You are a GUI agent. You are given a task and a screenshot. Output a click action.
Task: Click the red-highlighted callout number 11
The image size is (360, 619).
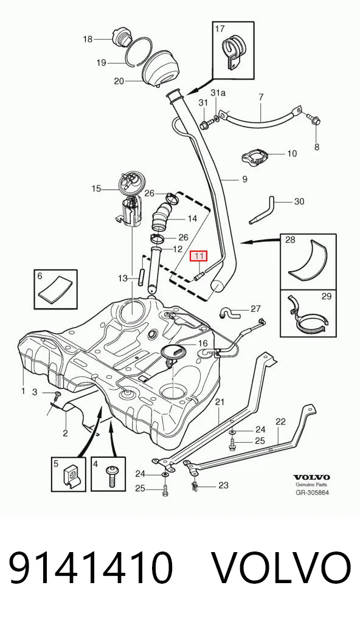(199, 256)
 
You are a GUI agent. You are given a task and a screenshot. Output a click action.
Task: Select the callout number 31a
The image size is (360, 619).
(218, 93)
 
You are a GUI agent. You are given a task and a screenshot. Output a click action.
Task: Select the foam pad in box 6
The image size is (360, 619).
(56, 288)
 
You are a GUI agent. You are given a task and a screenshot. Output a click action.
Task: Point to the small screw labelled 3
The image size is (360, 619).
(58, 394)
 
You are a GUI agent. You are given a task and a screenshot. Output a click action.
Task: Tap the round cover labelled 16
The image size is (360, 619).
(177, 351)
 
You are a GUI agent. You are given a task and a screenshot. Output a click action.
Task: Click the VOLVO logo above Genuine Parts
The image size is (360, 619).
(311, 477)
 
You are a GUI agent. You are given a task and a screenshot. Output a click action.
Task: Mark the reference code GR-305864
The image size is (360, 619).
(312, 493)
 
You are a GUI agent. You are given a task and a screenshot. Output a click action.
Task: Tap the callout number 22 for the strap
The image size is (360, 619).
(280, 422)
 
